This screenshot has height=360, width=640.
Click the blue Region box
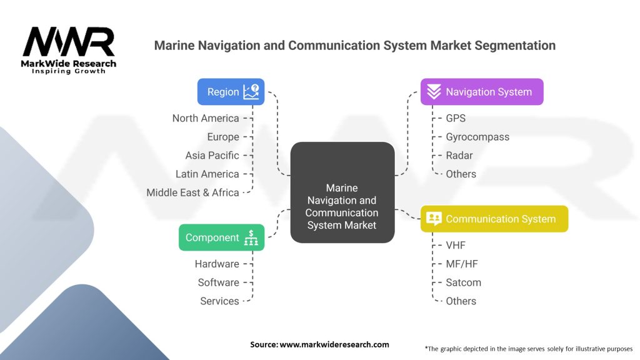[x=231, y=92]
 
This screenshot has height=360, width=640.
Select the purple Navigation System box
[x=482, y=92]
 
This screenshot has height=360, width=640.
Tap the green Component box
[x=221, y=237]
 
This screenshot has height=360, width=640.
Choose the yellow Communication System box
[x=494, y=219]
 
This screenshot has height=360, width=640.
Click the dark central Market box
[x=342, y=192]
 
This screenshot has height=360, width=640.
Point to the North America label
[x=206, y=118]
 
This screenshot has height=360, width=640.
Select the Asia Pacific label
[x=212, y=156]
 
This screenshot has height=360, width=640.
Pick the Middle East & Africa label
[x=192, y=192]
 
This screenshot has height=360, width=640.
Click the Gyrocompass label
[x=477, y=137]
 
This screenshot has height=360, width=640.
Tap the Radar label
[x=459, y=156]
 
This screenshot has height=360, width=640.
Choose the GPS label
[x=456, y=118]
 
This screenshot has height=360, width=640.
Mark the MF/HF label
[x=462, y=264]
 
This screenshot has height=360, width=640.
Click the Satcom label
[x=463, y=282]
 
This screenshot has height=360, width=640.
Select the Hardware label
[x=217, y=264]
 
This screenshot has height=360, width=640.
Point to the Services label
[x=219, y=301]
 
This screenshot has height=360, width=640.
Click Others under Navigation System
[x=461, y=174]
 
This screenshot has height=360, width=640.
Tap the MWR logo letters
[x=69, y=42]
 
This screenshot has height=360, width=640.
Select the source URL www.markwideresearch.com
[x=334, y=344]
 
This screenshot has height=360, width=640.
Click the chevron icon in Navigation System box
[x=434, y=92]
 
